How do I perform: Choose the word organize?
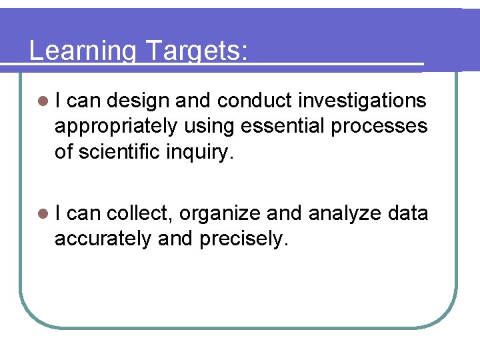tap(219, 214)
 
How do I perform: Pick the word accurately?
tap(103, 239)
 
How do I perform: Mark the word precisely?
tap(243, 239)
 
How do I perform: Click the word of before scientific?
tap(63, 152)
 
